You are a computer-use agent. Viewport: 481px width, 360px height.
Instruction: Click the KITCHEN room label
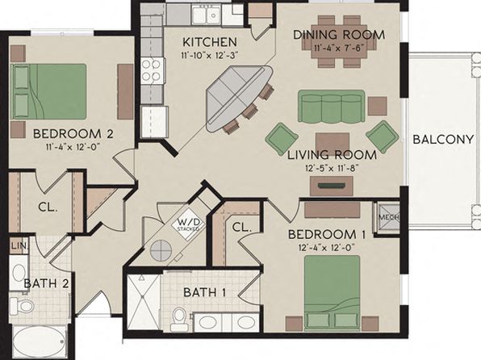[x=210, y=42]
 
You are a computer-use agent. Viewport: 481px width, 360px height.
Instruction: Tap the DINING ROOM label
[x=339, y=35]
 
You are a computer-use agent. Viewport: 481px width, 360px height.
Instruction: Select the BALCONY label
[x=443, y=140]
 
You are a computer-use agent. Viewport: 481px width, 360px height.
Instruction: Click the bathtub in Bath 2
[x=40, y=341]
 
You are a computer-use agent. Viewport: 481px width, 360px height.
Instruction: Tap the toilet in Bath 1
[x=178, y=320]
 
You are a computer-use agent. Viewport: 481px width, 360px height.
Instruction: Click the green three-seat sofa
[x=332, y=107]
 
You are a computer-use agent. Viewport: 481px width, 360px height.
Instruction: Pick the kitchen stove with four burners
[x=152, y=70]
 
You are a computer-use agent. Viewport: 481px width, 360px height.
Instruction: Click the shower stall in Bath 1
[x=144, y=302]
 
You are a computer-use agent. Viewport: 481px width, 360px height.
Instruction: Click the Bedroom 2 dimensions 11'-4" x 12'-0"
[x=73, y=146]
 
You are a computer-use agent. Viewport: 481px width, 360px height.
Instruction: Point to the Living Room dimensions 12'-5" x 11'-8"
[x=333, y=168]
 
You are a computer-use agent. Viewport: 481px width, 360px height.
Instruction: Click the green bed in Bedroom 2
[x=48, y=91]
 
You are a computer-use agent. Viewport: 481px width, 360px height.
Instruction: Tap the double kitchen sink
[x=206, y=14]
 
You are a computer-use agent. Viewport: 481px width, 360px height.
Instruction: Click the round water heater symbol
[x=161, y=250]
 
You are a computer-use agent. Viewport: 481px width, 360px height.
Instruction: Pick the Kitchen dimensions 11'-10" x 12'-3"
[x=210, y=55]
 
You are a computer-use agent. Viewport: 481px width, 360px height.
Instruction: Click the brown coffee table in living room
[x=333, y=143]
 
